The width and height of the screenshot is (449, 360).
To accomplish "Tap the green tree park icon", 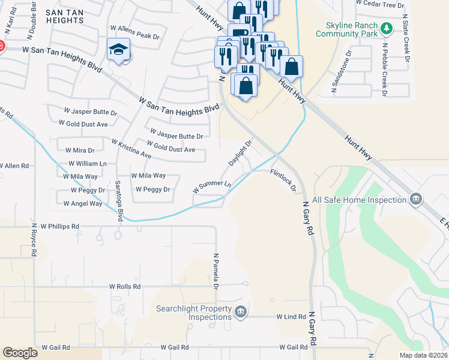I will click(x=388, y=28).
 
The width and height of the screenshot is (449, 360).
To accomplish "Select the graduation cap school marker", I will click(x=118, y=50).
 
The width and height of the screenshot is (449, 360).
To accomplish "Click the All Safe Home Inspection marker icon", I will click(x=415, y=199).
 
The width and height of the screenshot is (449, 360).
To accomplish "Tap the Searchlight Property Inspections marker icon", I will click(x=240, y=311).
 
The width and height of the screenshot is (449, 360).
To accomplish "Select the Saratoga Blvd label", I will click(x=119, y=201).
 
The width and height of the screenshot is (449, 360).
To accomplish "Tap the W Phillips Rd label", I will click(x=60, y=227).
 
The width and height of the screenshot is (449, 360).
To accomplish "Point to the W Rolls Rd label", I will click(x=124, y=287).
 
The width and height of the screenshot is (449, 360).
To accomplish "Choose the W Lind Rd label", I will click(x=291, y=316).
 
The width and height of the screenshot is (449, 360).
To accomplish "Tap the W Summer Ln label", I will click(x=212, y=186).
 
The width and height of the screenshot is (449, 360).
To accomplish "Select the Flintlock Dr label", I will click(x=283, y=181).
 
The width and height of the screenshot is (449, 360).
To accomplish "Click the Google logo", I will click(x=20, y=352).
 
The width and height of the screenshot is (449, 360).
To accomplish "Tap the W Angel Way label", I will click(x=83, y=204).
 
